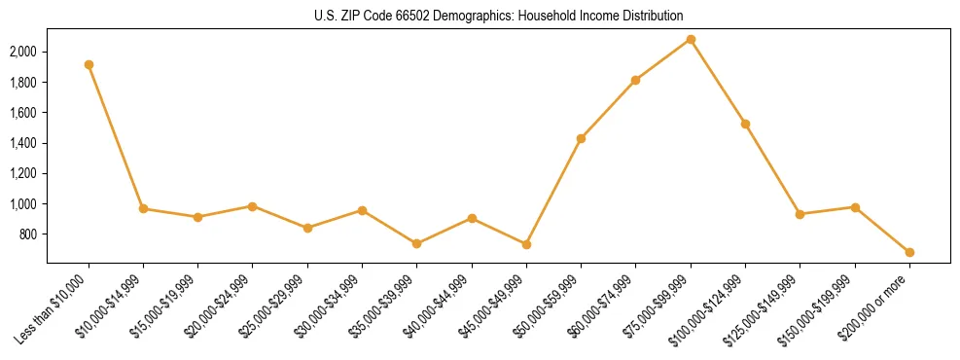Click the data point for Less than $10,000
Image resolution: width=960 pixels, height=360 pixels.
tap(89, 64)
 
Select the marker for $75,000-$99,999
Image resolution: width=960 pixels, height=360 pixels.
tap(691, 39)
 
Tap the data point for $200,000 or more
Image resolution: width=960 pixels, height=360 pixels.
tap(909, 252)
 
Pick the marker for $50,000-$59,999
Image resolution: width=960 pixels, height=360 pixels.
tap(581, 138)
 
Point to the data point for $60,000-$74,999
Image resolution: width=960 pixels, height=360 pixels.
tap(635, 80)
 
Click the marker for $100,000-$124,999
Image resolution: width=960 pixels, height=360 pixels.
tap(745, 124)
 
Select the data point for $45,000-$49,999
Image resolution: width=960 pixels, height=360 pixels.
tap(526, 244)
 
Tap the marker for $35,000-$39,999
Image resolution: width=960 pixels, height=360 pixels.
tap(416, 243)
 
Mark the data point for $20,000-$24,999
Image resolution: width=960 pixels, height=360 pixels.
tap(253, 206)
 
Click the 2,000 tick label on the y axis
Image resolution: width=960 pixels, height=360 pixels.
tap(23, 52)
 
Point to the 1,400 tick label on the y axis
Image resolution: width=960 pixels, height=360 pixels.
tap(23, 143)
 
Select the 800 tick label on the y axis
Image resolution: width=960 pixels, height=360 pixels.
tap(28, 234)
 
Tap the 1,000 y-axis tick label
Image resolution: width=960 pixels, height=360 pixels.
tap(23, 204)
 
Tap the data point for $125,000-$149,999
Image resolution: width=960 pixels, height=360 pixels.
tap(800, 214)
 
